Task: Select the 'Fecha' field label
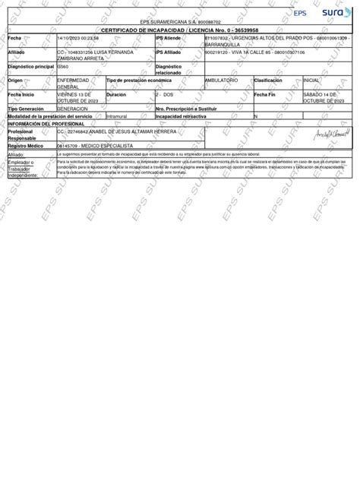coord(15,38)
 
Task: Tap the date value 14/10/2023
coord(70,38)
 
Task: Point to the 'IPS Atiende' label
coord(168,38)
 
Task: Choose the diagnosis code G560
coord(65,67)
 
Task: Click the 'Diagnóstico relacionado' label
coord(169,70)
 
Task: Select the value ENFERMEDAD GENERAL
coord(73,83)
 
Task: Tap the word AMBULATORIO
coord(222,80)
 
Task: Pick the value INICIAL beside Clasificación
coord(311,80)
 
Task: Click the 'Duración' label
coord(116,94)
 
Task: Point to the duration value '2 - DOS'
coord(165,94)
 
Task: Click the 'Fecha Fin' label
coord(265,94)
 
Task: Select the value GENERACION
coord(72,109)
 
